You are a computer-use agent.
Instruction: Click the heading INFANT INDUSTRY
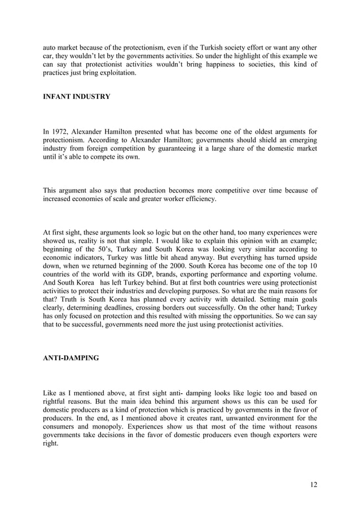click(77, 97)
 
